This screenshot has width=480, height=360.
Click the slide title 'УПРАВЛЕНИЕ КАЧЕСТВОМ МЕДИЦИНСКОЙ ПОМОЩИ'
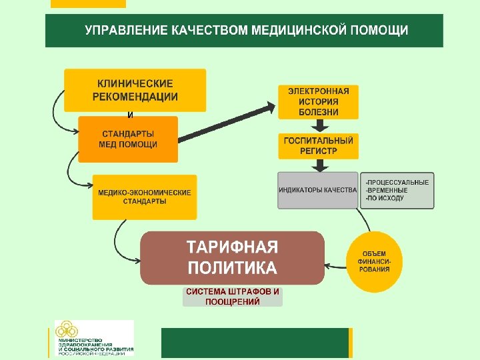click(x=244, y=31)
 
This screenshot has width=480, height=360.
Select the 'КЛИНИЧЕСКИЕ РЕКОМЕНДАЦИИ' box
click(x=135, y=90)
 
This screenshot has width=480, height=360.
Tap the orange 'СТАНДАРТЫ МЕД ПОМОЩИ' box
click(x=128, y=139)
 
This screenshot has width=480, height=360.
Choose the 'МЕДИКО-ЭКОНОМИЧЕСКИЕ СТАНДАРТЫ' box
click(x=145, y=197)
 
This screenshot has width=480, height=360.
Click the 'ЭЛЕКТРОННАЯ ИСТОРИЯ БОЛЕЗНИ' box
click(x=318, y=101)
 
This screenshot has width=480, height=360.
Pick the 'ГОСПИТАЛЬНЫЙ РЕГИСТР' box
click(x=318, y=146)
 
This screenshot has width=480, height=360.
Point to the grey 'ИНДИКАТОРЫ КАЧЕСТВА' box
click(x=318, y=190)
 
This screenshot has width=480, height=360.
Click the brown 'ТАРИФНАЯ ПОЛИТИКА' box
click(x=232, y=258)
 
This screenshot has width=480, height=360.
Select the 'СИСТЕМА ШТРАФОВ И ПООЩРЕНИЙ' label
click(x=233, y=297)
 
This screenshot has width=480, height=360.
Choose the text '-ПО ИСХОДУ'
click(x=385, y=198)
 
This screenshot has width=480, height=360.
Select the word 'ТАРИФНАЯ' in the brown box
click(x=232, y=247)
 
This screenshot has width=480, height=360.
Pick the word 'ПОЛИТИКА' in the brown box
click(x=232, y=268)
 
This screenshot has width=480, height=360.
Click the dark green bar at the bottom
click(x=255, y=343)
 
